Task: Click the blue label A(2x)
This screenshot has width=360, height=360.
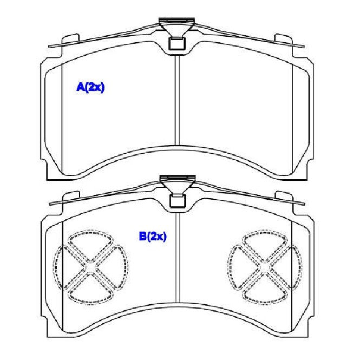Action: pyautogui.click(x=90, y=87)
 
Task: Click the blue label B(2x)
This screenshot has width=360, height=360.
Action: pyautogui.click(x=153, y=236)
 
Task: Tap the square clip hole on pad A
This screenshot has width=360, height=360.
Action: pyautogui.click(x=177, y=43)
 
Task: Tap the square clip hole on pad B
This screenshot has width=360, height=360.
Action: pyautogui.click(x=178, y=201)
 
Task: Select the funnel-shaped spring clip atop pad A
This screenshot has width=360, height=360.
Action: pyautogui.click(x=177, y=27)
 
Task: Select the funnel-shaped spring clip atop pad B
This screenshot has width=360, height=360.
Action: pyautogui.click(x=178, y=184)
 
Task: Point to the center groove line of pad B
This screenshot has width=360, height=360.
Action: pyautogui.click(x=178, y=258)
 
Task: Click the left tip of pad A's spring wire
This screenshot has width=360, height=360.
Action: pyautogui.click(x=49, y=47)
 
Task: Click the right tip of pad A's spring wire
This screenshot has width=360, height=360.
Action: pyautogui.click(x=304, y=47)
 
